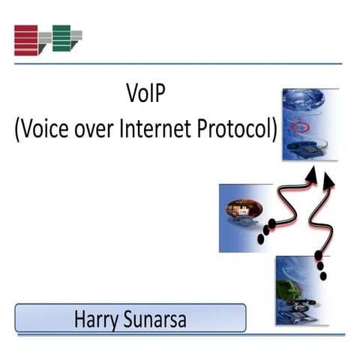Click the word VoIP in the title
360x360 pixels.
146,97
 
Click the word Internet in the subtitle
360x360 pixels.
153,129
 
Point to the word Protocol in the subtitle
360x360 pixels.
233,129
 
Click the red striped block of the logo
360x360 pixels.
26,40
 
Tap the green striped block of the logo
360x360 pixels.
61,37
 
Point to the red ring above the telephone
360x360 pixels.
300,125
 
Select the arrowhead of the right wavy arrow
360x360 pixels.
329,181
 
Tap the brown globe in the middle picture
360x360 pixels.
244,207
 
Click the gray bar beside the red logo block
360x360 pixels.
44,37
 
